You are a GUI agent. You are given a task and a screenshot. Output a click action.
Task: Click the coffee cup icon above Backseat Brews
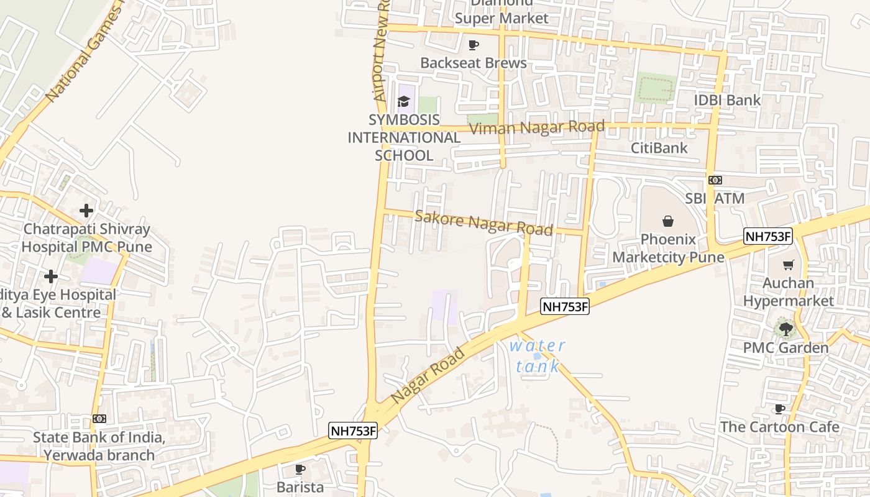click(474, 45)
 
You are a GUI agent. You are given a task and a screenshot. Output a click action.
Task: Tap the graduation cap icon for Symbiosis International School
click(404, 101)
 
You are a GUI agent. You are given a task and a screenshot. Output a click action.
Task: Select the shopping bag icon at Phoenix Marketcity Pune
click(668, 221)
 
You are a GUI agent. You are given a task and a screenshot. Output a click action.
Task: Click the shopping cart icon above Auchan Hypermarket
click(789, 265)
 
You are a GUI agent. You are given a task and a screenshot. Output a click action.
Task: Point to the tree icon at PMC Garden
click(785, 329)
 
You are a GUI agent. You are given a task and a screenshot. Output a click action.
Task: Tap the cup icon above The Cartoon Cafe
click(780, 409)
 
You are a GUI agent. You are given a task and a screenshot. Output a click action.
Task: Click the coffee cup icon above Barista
click(300, 469)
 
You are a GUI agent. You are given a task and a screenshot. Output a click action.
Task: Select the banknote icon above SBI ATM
click(715, 180)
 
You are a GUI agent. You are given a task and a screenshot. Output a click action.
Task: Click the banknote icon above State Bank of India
click(99, 419)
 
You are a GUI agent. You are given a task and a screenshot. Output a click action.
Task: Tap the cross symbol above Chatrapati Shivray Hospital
click(86, 211)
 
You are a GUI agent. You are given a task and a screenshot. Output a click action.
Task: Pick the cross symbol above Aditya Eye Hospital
click(51, 276)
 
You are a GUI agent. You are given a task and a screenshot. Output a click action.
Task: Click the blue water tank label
click(538, 356)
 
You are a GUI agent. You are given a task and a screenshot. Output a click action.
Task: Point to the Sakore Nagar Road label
click(483, 223)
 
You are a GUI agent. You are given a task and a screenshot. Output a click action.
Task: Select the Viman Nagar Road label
click(537, 128)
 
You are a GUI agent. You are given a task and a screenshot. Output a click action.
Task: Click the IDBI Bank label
click(727, 100)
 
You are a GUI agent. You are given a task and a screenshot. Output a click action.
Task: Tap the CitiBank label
click(659, 148)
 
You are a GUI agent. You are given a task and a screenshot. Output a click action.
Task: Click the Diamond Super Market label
click(501, 12)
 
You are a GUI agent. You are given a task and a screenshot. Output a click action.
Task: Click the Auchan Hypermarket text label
click(789, 292)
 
